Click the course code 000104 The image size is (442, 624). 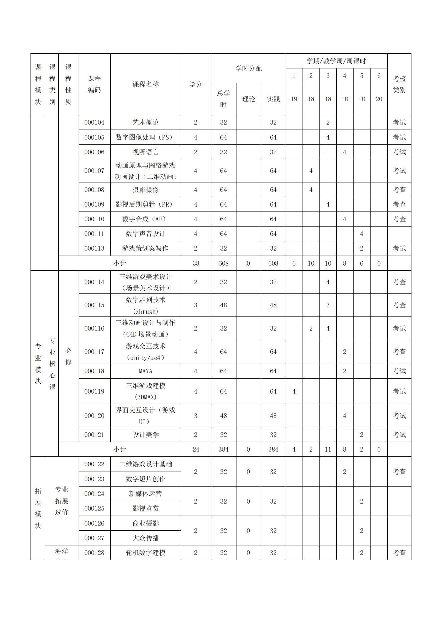[94, 122]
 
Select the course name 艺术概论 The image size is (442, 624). [145, 122]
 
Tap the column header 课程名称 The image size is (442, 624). [145, 84]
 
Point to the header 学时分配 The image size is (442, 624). [248, 68]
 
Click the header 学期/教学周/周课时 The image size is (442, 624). [336, 61]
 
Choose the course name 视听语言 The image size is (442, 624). [145, 152]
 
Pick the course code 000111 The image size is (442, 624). [94, 234]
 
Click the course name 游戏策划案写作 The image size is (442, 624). [145, 248]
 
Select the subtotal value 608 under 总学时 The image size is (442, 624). [223, 263]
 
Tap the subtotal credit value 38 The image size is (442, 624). [196, 263]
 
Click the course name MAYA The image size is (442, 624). [145, 371]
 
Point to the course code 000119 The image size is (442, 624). [94, 391]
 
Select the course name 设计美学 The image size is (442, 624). [145, 435]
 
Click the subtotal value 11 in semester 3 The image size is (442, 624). [328, 449]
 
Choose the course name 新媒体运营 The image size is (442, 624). [145, 494]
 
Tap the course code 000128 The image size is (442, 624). [94, 553]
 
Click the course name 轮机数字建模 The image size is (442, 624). [145, 553]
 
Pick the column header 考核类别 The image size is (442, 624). [399, 84]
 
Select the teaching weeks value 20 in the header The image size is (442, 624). [379, 99]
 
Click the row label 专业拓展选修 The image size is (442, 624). [62, 501]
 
